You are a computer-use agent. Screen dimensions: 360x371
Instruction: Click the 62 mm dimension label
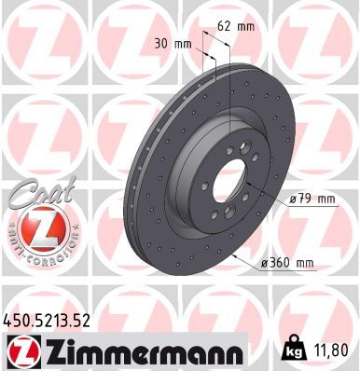pos(236,26)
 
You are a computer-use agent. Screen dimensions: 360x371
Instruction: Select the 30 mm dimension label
pos(173,44)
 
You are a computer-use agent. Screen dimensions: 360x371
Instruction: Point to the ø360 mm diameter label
pos(287,263)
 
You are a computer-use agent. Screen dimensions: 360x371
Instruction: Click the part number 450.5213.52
pos(47,321)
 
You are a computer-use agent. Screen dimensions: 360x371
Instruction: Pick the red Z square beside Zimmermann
pos(24,351)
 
